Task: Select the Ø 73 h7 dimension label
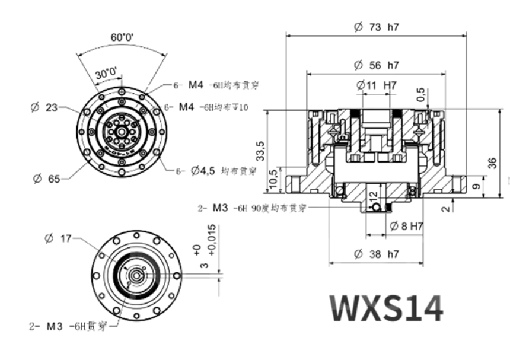coord(376,27)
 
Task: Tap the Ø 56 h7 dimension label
coord(376,65)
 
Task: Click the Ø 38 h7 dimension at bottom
coord(376,254)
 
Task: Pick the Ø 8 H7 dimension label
coord(406,225)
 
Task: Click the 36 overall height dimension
coord(492,164)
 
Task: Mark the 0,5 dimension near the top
coord(421,93)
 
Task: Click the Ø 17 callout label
coord(58,238)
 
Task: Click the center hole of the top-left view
coord(122,132)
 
